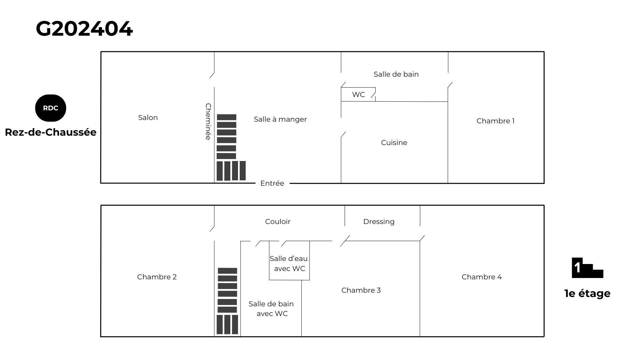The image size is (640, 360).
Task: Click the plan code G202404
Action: point(84,29)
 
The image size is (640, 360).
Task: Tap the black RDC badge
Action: point(51,108)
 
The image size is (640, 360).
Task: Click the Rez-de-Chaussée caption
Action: point(51,132)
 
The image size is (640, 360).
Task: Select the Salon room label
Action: point(148,118)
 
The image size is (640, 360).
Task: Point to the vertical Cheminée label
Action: point(208,122)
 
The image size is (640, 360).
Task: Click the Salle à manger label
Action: point(280,119)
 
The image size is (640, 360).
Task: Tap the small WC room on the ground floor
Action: point(358,95)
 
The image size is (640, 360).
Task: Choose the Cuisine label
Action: point(394,143)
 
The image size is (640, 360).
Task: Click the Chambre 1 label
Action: point(495,121)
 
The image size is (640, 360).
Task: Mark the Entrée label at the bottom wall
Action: point(272,183)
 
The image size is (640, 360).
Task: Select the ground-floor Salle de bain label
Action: point(396,74)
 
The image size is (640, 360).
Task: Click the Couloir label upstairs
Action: point(278,222)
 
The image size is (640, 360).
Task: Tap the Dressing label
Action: point(379,222)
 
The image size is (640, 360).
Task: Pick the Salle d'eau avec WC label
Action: point(289,263)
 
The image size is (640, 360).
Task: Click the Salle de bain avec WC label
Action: point(271,309)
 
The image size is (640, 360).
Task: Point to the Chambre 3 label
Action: point(361,290)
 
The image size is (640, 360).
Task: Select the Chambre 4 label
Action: point(481,277)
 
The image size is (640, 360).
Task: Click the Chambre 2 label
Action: point(157,277)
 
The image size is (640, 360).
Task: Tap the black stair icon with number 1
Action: point(587,268)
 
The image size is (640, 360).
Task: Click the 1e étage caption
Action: point(587,294)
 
